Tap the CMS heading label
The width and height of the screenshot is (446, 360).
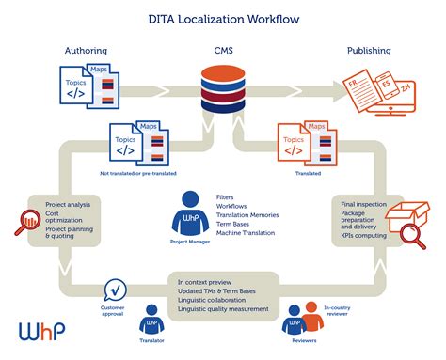click(223, 50)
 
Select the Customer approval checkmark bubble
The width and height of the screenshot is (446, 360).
click(115, 289)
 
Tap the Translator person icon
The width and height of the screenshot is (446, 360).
click(151, 323)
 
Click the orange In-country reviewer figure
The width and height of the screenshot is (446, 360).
click(313, 320)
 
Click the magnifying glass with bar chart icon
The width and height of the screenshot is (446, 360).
click(20, 222)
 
